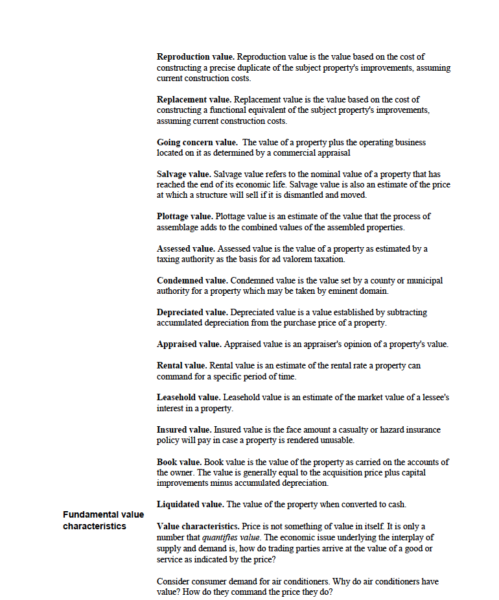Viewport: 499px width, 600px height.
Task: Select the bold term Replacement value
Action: coord(194,100)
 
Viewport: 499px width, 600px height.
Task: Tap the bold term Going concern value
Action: coord(198,142)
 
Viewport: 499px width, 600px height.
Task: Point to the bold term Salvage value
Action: coord(184,174)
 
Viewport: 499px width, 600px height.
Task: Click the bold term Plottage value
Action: coord(185,217)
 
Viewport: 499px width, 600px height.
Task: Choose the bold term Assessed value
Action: coord(186,249)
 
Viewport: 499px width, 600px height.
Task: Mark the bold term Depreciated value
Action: coord(192,313)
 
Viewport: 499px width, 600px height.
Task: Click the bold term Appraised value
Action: coord(189,344)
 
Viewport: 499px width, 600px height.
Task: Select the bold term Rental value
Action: coord(182,366)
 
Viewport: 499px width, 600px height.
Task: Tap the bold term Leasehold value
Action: coord(189,398)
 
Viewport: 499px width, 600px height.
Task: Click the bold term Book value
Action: coord(180,462)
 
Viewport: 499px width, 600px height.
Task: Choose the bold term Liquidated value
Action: coord(191,505)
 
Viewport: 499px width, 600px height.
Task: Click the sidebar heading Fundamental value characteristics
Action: coord(104,520)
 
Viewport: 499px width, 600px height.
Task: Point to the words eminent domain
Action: coord(359,291)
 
